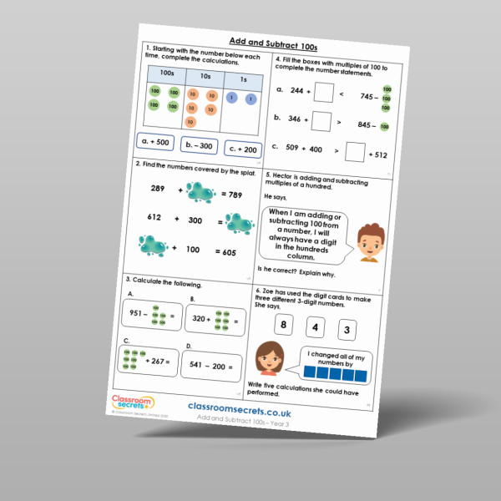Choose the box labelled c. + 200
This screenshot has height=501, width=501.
pyautogui.click(x=244, y=149)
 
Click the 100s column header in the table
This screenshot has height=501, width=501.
pyautogui.click(x=167, y=73)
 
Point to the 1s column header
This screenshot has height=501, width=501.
pyautogui.click(x=242, y=80)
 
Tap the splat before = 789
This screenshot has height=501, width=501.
pyautogui.click(x=201, y=194)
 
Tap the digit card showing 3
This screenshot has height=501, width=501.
pyautogui.click(x=350, y=329)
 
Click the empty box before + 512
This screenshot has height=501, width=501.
pyautogui.click(x=355, y=153)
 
